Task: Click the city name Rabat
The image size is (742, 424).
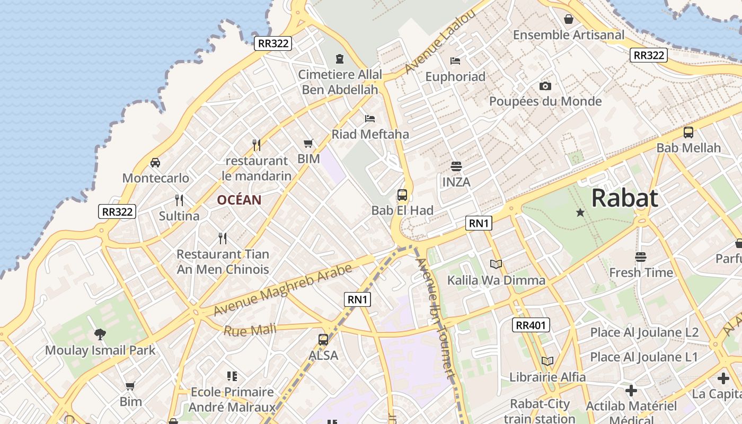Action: pos(624,198)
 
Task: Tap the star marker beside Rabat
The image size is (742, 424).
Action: pos(580,213)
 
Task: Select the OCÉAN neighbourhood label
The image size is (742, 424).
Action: pos(239,200)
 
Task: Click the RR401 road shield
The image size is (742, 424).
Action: pos(531,325)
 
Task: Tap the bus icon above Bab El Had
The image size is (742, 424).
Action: pos(402,195)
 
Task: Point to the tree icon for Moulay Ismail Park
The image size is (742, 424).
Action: pos(100,334)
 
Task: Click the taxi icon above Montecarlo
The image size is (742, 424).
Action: pos(155,162)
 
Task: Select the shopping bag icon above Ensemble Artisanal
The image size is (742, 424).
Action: pos(569,19)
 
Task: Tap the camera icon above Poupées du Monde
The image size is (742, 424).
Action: pos(545,86)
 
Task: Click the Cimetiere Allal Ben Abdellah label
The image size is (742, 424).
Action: pos(340,82)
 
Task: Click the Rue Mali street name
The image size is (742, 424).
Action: pos(250,330)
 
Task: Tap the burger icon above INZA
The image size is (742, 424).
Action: pos(456,166)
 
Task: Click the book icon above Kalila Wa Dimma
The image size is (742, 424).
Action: pos(496,264)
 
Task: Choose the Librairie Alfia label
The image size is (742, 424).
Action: pos(547,377)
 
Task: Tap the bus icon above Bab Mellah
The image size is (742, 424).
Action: pos(688,132)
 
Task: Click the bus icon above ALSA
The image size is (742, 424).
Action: pos(323,339)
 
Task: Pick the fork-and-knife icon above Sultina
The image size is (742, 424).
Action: pos(179,200)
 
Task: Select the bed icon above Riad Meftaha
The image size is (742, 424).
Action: pos(370,118)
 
